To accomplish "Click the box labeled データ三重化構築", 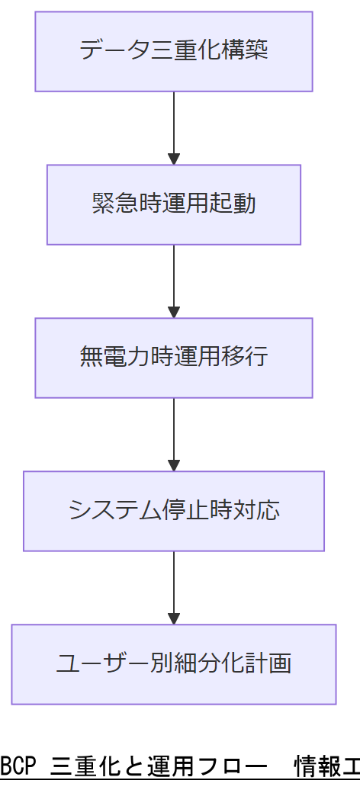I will coord(174,51).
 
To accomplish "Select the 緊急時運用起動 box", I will coord(174,204).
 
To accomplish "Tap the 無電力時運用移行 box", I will coord(174,358).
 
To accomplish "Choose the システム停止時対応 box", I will coord(174,511).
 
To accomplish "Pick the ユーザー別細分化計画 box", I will coord(174,664).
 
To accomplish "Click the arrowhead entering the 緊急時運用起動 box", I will coord(174,159).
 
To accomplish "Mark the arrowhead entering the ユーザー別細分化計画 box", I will coord(174,619).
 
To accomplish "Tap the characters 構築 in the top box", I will coord(249,51).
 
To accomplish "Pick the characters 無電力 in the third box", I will coord(110,358).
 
